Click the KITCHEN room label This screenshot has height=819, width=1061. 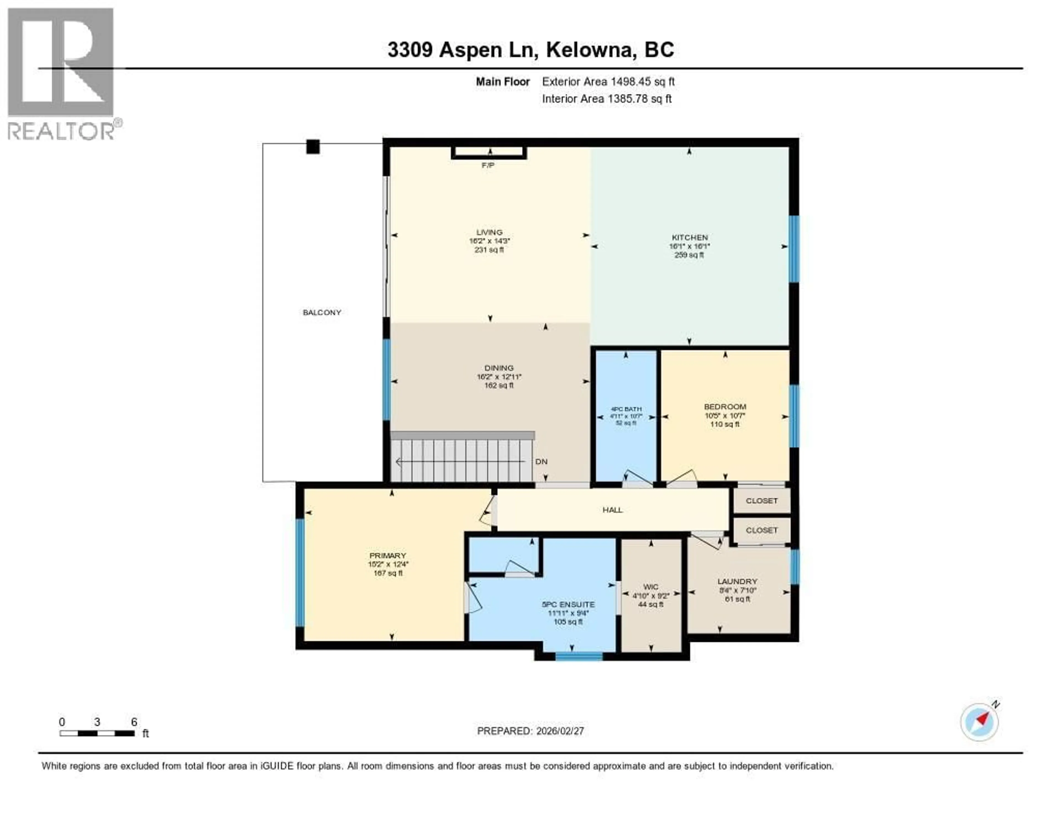689,237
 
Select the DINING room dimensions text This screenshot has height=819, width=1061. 499,377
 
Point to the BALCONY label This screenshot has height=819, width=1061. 322,312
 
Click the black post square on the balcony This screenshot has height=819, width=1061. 313,147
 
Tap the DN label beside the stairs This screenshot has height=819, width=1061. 541,462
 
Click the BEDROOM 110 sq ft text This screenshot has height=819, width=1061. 724,424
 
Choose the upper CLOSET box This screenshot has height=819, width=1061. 761,501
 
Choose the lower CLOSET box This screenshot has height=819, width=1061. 761,530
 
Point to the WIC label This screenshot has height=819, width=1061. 650,587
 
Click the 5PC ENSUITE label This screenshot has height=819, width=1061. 568,604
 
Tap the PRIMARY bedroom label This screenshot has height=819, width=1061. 387,555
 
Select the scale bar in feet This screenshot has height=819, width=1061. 97,733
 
